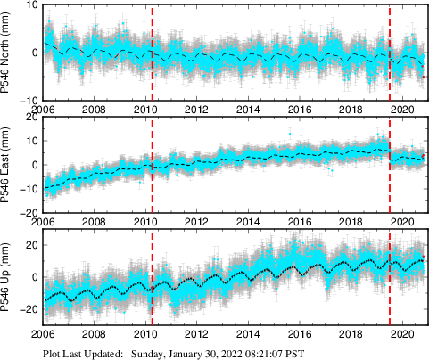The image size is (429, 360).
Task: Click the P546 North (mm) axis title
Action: click(x=8, y=53)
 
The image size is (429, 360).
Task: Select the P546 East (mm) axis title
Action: click(x=8, y=165)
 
